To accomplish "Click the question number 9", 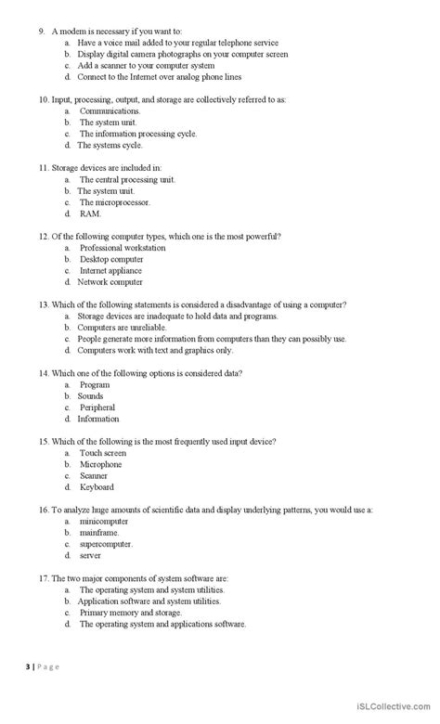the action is (42, 32).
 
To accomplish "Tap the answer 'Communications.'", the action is (110, 110).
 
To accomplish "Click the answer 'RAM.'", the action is (90, 213).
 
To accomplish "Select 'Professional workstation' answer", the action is (123, 248).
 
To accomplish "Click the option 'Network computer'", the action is (110, 281).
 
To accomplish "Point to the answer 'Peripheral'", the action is (97, 407).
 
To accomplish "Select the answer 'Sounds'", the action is (91, 396).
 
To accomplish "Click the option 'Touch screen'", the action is (102, 453).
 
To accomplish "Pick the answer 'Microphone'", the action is (100, 464).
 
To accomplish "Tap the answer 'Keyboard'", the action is (97, 486).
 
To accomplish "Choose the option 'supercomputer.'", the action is (106, 544).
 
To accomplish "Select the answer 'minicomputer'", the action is (102, 522).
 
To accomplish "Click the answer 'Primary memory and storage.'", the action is (131, 613).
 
